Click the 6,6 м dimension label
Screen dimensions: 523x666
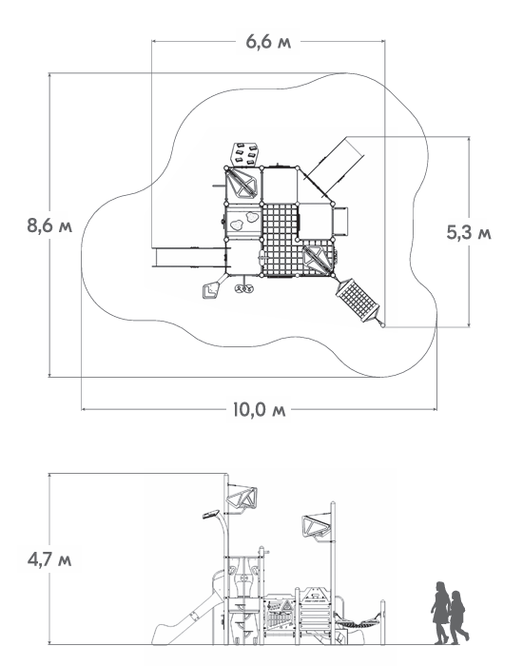coord(268,42)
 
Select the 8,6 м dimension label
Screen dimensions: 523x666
coord(49,225)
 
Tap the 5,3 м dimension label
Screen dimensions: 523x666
coord(469,232)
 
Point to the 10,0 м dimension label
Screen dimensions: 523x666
coord(260,410)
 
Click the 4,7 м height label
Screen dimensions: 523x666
coord(49,559)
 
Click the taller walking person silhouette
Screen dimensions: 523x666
coord(440,613)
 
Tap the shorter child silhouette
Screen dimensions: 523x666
coord(458,617)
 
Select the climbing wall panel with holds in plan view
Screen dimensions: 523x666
coord(244,154)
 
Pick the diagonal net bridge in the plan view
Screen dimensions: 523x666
coord(358,300)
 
